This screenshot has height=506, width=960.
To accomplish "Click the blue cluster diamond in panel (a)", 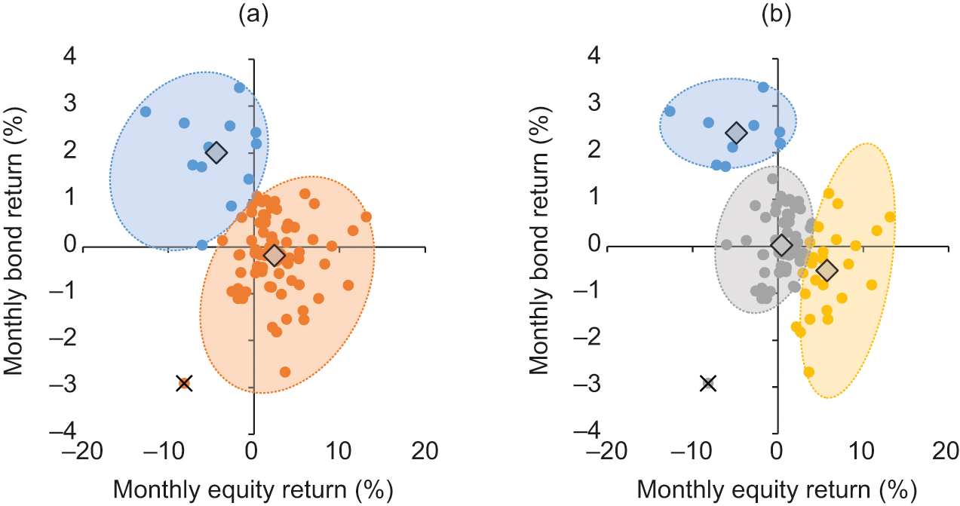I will [216, 153].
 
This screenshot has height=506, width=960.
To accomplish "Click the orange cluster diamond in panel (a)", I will [275, 255].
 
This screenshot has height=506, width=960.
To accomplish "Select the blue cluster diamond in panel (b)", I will [735, 133].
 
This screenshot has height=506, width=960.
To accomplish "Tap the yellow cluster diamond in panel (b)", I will [827, 270].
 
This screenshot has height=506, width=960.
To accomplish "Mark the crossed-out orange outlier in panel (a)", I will [184, 384].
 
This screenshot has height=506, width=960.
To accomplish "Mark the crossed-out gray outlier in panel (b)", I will [707, 384].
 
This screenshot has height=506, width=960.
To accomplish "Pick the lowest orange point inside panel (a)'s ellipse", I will [285, 372].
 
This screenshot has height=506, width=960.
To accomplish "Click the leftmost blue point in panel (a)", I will [146, 112].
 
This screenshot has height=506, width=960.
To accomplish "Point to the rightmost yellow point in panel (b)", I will [890, 217].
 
